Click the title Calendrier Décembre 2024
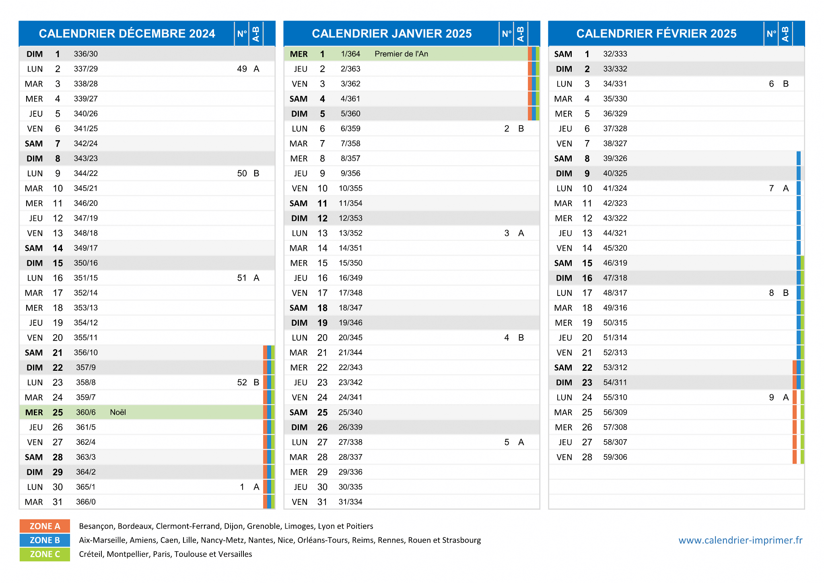(127, 33)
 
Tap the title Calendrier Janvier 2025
(391, 33)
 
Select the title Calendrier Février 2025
(656, 33)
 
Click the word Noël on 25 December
(118, 412)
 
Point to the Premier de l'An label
(401, 54)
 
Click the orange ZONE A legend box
(45, 526)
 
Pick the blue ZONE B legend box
(45, 540)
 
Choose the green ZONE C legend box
(45, 554)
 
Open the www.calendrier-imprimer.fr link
(740, 540)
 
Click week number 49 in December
(242, 69)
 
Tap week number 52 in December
(242, 382)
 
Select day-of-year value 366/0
(86, 502)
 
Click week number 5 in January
(507, 442)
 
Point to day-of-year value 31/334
(350, 502)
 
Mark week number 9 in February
(771, 397)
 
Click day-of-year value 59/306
(615, 457)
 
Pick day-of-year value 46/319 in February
(615, 263)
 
